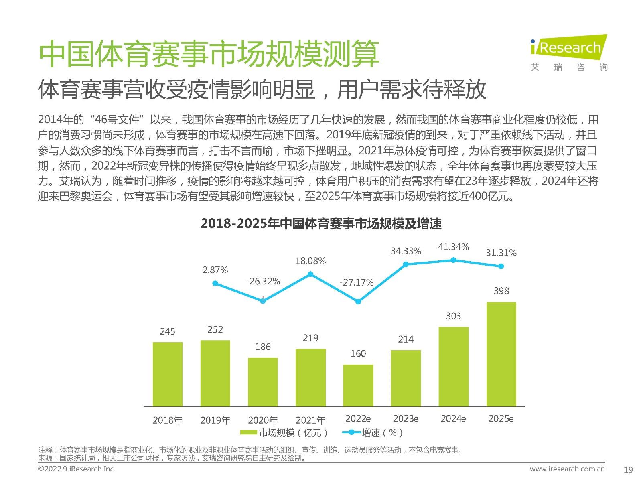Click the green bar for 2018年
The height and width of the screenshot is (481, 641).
point(168,374)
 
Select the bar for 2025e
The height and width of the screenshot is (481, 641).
point(501,354)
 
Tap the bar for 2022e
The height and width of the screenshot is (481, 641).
point(358,385)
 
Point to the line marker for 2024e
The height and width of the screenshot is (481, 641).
point(453,260)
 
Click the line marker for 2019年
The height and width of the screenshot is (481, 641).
point(215,283)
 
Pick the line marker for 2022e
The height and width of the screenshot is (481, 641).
point(358,302)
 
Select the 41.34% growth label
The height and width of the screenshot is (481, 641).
point(453,247)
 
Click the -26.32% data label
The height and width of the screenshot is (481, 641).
point(263,281)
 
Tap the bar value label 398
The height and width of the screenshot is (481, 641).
point(501,291)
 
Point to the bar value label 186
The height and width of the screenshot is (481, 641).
point(263,347)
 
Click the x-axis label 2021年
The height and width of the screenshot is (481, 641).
point(310,420)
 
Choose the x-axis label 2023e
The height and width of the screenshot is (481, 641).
point(406,418)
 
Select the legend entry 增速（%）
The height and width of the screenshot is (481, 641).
point(373,432)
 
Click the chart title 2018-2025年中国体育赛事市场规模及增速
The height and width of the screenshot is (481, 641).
point(321,224)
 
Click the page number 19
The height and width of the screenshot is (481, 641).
point(628,470)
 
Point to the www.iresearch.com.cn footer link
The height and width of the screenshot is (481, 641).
point(567,469)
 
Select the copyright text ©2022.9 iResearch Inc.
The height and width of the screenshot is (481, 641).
point(77,469)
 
